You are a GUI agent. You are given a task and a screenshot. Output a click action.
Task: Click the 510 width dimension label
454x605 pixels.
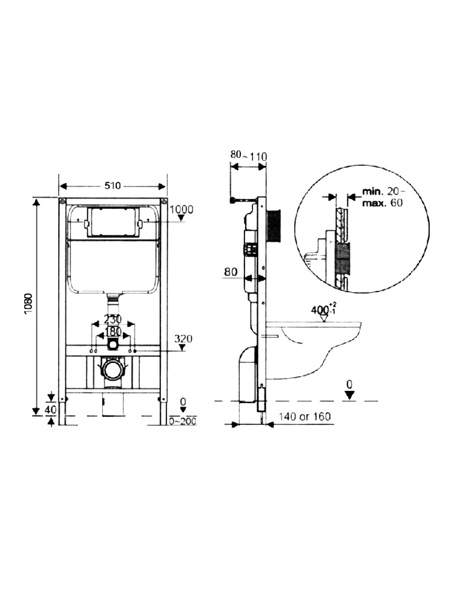tap(113, 186)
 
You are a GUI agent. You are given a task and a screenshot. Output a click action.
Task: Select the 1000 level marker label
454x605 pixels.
tap(182, 210)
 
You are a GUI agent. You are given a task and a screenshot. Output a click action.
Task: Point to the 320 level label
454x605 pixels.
tap(183, 339)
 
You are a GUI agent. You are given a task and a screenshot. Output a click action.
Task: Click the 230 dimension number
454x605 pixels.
tap(113, 319)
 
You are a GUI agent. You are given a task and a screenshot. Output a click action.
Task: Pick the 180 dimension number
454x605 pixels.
tap(113, 332)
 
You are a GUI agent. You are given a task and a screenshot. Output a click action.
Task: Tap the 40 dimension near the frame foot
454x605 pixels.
tap(51, 410)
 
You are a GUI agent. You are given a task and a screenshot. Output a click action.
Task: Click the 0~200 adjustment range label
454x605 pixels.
tap(183, 420)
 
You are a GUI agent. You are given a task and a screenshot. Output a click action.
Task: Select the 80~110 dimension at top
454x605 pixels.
tap(249, 156)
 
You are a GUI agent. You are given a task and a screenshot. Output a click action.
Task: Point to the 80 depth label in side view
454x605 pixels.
tap(231, 272)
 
